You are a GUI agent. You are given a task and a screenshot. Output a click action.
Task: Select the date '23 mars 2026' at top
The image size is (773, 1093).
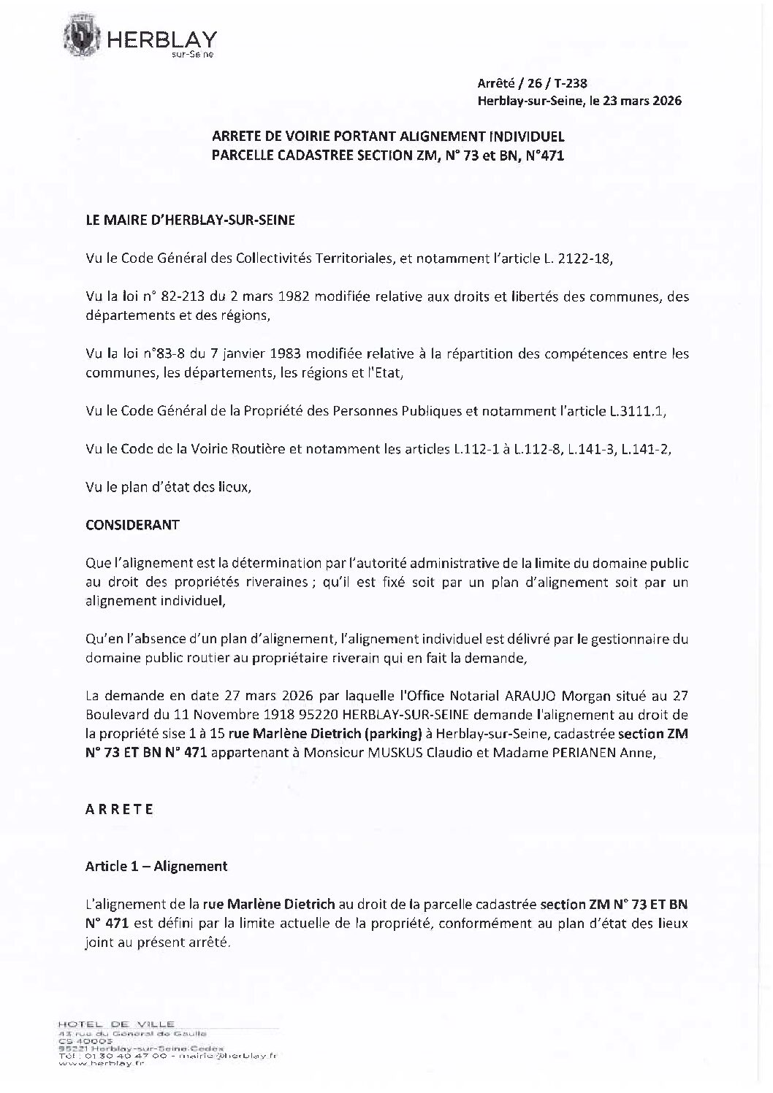pos(638,101)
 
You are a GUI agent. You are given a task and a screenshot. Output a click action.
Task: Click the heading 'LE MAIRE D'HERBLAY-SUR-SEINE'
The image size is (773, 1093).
pos(190,220)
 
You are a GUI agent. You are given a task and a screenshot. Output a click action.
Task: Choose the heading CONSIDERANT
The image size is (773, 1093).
pos(132,525)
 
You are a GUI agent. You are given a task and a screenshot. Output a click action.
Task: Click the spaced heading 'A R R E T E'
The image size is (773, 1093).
pos(119,809)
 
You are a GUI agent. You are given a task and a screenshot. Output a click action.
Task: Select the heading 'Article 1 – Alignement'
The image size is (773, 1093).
pos(156,867)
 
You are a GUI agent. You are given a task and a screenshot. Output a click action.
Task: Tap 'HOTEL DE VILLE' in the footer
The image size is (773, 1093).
pos(115,1024)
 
